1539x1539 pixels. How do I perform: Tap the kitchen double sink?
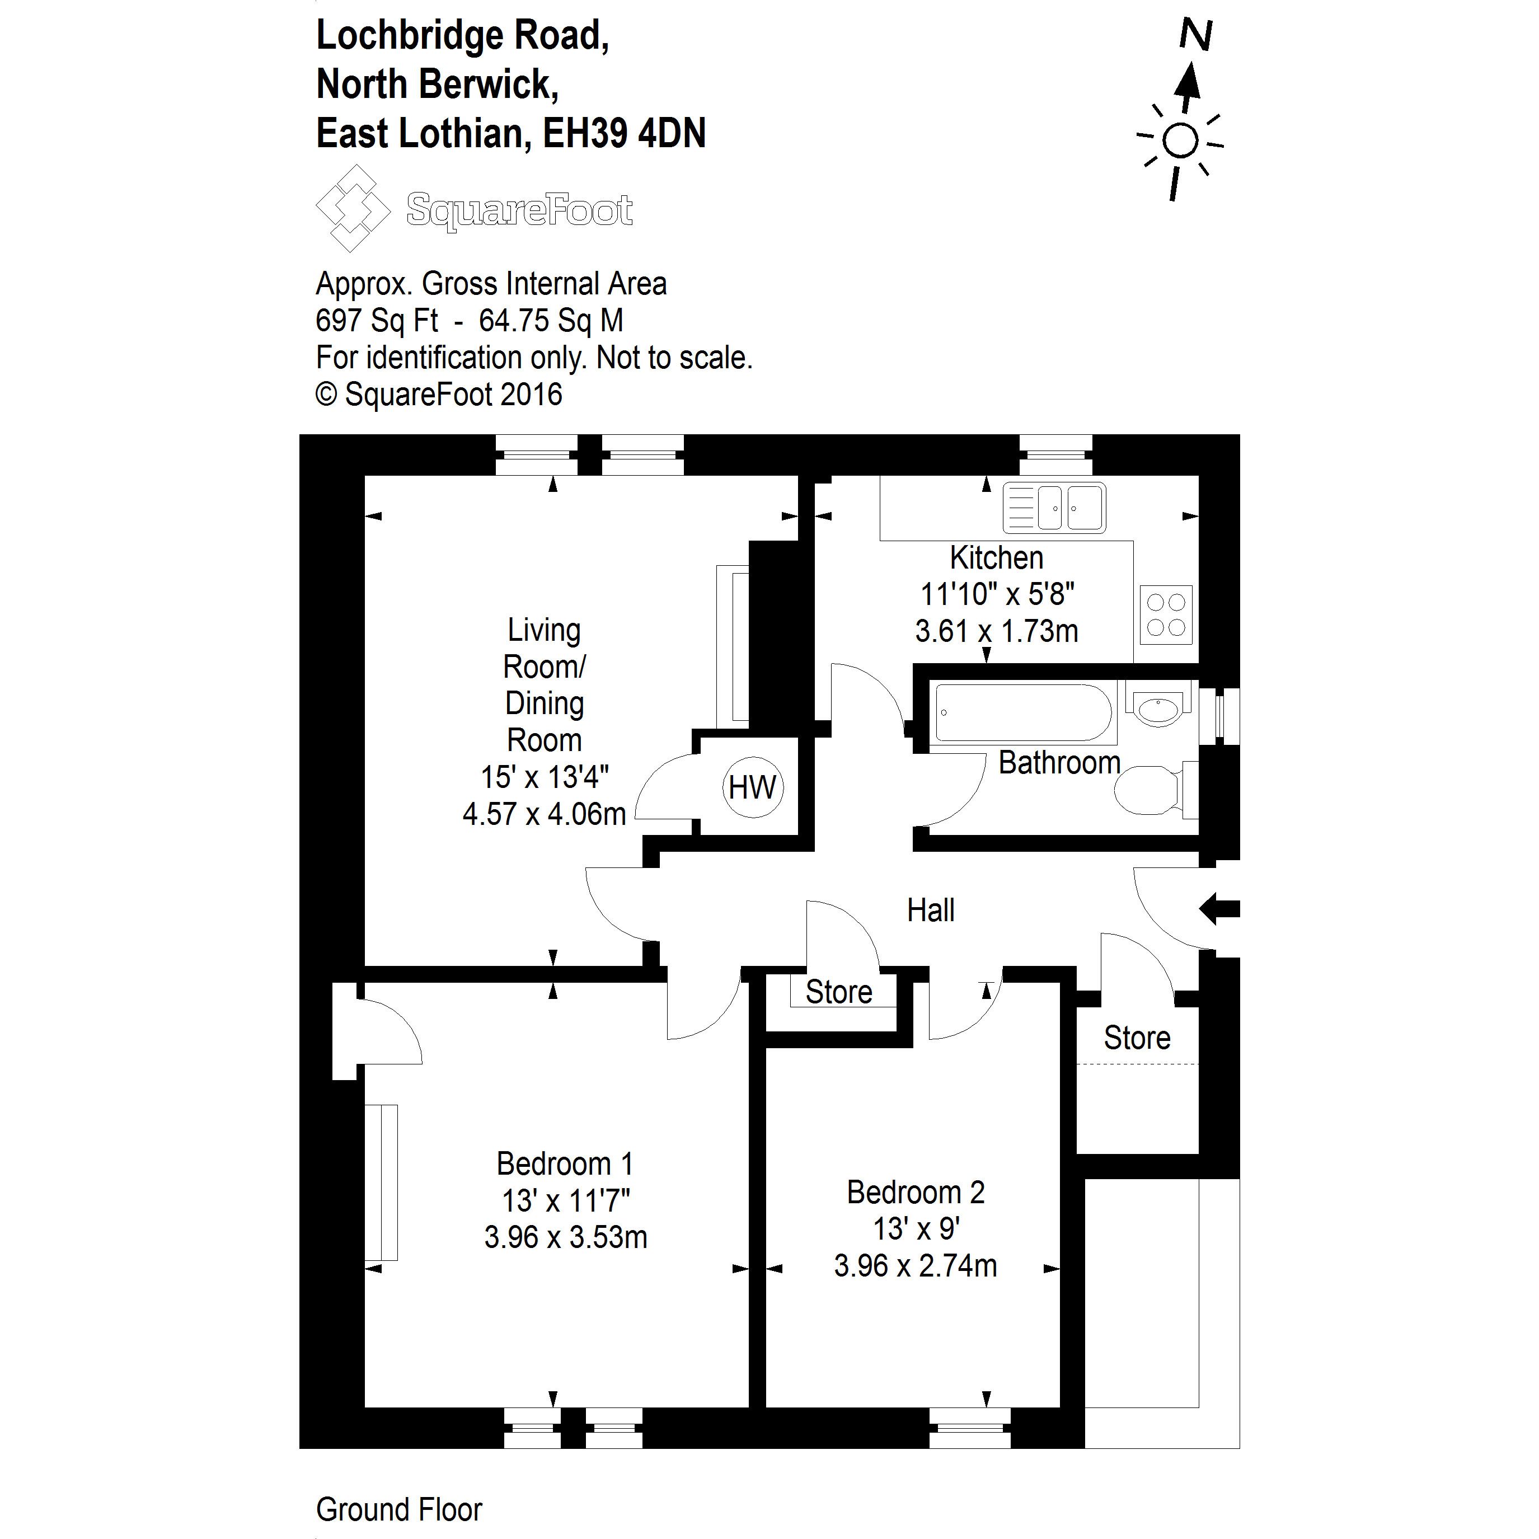[x=1054, y=508]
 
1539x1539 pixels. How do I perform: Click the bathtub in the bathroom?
[x=1024, y=712]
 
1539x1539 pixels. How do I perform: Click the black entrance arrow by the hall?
[x=1219, y=909]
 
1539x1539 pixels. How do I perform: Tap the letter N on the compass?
[x=1195, y=36]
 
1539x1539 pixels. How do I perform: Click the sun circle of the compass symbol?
[x=1180, y=142]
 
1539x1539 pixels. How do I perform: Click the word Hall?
[x=931, y=911]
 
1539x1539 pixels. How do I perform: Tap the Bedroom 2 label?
[x=915, y=1193]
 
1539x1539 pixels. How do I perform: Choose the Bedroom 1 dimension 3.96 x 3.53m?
[x=566, y=1237]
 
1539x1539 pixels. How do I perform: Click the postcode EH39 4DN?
[x=624, y=133]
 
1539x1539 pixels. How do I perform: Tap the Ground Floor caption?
[x=399, y=1509]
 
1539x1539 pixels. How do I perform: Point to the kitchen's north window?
[x=1055, y=456]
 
